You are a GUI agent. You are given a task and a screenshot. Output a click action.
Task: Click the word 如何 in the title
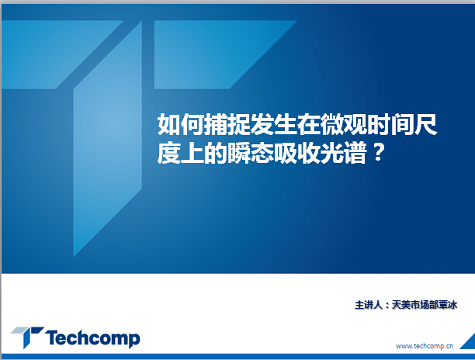[x=181, y=124]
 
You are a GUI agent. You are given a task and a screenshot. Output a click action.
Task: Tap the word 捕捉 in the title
[x=227, y=124]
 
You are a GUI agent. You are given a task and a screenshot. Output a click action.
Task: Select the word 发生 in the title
[x=273, y=124]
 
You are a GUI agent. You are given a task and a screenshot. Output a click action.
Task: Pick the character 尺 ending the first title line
[x=425, y=124]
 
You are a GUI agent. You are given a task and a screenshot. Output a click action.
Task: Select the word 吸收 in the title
[x=296, y=153]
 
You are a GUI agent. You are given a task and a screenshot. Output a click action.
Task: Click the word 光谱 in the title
[x=343, y=153]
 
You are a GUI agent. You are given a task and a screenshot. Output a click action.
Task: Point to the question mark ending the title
[x=378, y=153]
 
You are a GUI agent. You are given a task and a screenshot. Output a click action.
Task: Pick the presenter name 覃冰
[x=448, y=305]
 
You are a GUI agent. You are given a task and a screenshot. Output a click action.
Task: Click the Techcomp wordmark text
[x=93, y=338]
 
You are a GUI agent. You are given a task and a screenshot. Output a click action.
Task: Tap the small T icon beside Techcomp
[x=28, y=337]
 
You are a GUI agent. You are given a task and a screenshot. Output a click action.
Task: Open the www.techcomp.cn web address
[x=425, y=346]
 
